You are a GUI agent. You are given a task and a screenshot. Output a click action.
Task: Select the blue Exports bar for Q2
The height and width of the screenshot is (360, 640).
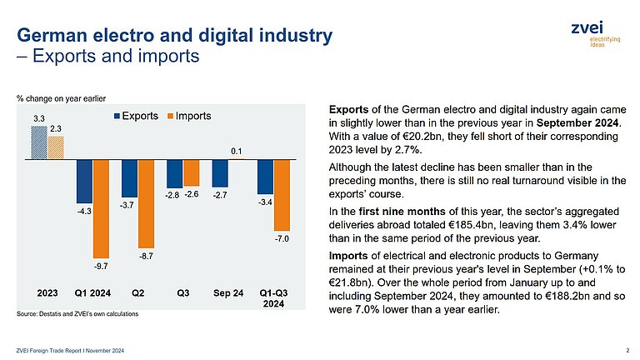point(129,177)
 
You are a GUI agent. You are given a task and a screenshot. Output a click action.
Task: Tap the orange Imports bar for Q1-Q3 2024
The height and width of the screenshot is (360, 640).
point(282,195)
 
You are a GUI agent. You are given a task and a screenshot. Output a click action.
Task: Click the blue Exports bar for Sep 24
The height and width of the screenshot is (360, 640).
point(220,173)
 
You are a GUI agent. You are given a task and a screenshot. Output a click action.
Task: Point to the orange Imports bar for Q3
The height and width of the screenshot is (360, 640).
point(191,173)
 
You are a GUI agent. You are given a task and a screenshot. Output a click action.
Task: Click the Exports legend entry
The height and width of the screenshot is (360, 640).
point(139,116)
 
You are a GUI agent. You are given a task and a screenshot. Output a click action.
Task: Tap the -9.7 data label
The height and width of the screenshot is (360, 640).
point(101,266)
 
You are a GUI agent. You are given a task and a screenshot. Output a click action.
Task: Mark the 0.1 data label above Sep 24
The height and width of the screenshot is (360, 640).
point(236,151)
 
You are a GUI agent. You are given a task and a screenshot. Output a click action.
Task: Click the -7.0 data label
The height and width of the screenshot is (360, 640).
point(282,239)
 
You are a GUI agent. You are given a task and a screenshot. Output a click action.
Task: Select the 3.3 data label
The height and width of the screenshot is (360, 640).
point(39,119)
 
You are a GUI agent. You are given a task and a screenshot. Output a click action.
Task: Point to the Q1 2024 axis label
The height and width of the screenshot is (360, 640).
point(92,293)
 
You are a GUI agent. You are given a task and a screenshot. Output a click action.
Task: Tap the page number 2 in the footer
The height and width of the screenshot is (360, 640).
point(626,348)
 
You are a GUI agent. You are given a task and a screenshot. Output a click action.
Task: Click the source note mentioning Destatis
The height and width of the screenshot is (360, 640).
point(77,313)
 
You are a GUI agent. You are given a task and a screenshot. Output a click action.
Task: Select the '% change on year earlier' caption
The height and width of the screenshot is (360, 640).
point(62,98)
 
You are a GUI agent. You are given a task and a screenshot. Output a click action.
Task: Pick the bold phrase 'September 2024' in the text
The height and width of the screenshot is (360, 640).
point(578,123)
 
